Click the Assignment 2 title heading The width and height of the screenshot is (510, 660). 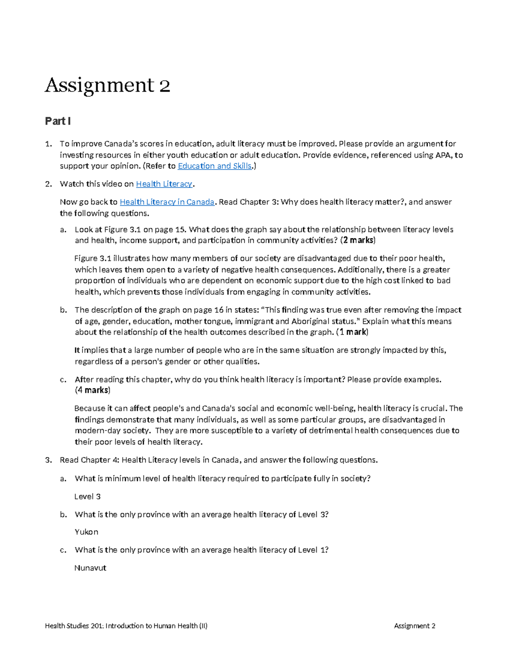108,85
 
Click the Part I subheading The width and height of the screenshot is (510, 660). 58,121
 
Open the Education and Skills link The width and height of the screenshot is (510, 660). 215,166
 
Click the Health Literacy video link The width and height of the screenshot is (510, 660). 164,184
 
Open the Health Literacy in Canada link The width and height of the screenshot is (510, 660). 167,202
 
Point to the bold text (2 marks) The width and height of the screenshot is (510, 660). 358,241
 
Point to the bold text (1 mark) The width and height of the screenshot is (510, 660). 352,332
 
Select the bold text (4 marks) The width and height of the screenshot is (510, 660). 93,390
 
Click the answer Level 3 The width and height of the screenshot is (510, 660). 88,496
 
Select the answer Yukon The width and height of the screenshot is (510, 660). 86,532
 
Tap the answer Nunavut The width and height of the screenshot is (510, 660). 90,568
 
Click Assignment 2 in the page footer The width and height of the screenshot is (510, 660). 414,626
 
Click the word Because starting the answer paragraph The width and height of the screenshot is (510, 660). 90,408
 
